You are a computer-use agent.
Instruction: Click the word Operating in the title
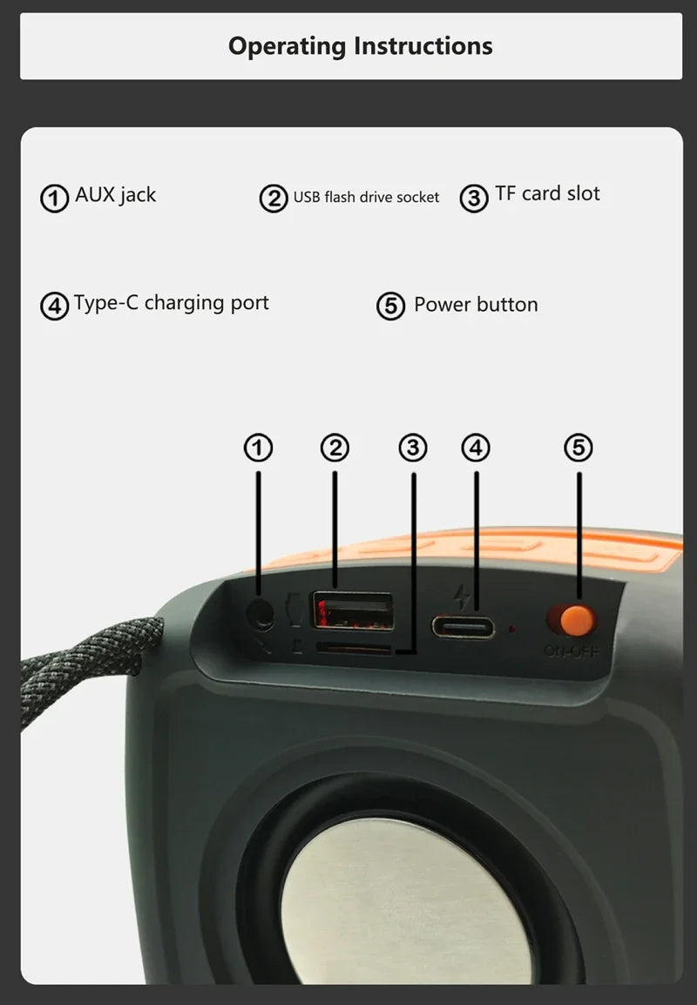pyautogui.click(x=287, y=47)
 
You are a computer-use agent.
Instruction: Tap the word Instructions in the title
pyautogui.click(x=423, y=46)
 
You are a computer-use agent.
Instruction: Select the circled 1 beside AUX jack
pyautogui.click(x=55, y=199)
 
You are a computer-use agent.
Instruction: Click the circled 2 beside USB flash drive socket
pyautogui.click(x=274, y=199)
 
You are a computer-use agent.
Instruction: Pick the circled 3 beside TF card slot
pyautogui.click(x=474, y=199)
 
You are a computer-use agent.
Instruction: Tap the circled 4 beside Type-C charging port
pyautogui.click(x=55, y=307)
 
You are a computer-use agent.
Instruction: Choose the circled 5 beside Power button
pyautogui.click(x=390, y=307)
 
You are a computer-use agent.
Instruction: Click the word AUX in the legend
pyautogui.click(x=95, y=194)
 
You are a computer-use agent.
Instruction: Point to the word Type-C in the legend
pyautogui.click(x=105, y=303)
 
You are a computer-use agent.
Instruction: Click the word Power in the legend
pyautogui.click(x=440, y=305)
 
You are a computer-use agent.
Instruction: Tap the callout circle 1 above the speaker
pyautogui.click(x=259, y=448)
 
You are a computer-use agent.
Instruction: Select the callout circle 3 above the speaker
pyautogui.click(x=413, y=448)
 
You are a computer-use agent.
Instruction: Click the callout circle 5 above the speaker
pyautogui.click(x=579, y=448)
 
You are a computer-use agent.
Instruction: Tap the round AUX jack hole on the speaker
pyautogui.click(x=261, y=615)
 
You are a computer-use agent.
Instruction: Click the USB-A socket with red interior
pyautogui.click(x=353, y=610)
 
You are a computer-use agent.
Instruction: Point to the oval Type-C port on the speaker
pyautogui.click(x=463, y=627)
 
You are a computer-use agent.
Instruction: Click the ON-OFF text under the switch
pyautogui.click(x=572, y=651)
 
